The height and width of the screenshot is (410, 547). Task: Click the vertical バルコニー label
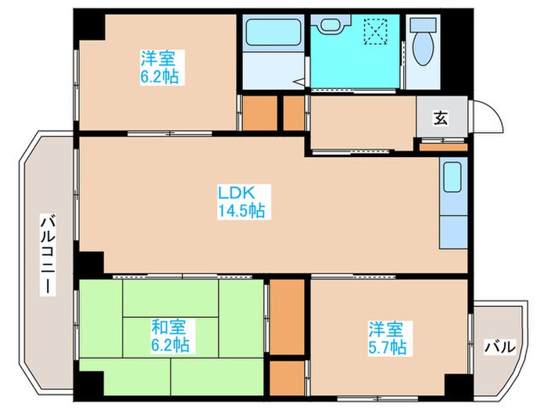[48, 254]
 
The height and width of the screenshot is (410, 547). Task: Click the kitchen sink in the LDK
[452, 179]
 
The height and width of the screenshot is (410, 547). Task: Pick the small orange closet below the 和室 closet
[286, 376]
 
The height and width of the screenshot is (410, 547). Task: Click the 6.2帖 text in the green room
[173, 344]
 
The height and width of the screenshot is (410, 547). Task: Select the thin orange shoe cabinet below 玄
[443, 146]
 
